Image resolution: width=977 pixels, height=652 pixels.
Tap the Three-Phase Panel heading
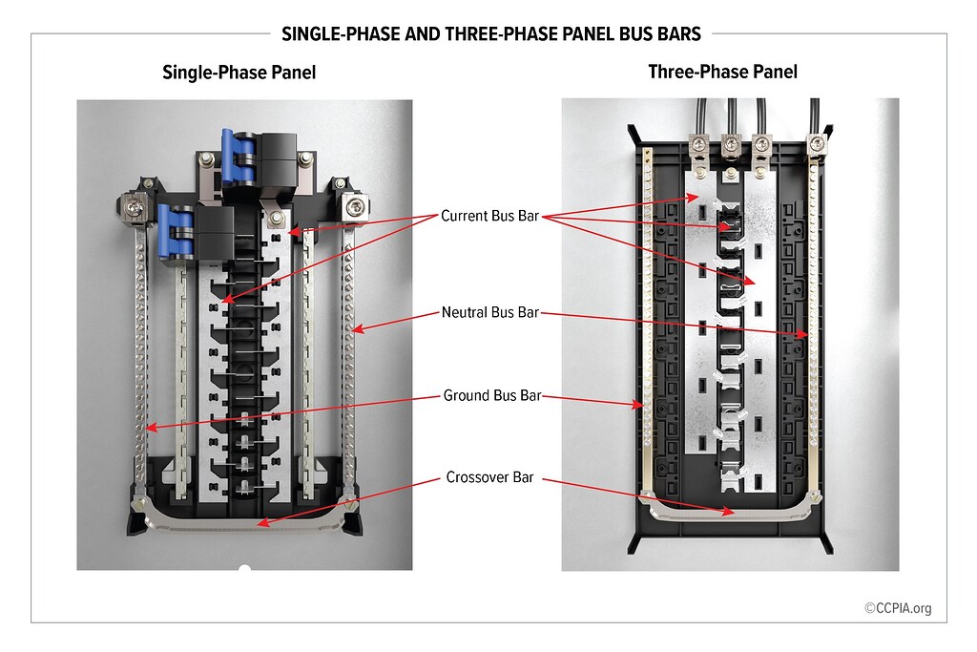click(722, 72)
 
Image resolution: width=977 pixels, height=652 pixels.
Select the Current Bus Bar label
click(490, 217)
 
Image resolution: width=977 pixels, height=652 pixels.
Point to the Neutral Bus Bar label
click(490, 312)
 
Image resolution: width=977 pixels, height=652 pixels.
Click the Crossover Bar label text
click(490, 477)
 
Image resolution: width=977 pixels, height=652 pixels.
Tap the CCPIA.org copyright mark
click(898, 607)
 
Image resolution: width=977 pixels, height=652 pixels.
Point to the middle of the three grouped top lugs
click(731, 146)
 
